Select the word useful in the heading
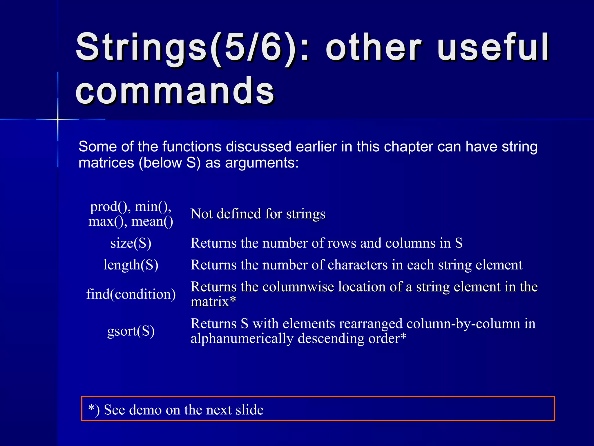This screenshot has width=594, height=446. tap(493, 48)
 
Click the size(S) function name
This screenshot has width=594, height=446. tap(131, 243)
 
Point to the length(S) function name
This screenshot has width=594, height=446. tap(131, 265)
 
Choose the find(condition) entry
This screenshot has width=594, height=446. tap(131, 294)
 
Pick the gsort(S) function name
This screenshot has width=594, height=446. tap(131, 331)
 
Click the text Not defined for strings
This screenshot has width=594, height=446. tap(258, 214)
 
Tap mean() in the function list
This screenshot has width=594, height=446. tap(152, 222)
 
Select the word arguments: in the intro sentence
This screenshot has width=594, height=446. tap(262, 163)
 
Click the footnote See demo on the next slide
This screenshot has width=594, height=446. tap(183, 410)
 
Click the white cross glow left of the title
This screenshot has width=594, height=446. tap(58, 119)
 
